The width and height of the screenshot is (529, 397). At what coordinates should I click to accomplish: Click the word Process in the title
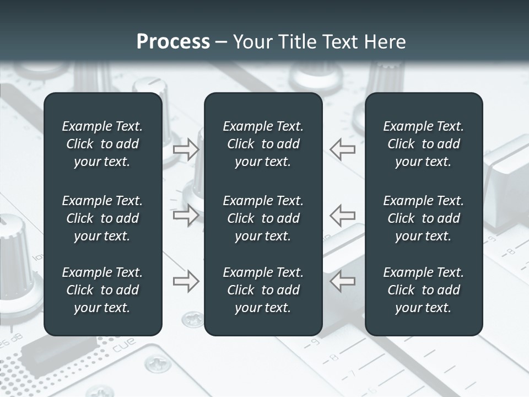coord(173,42)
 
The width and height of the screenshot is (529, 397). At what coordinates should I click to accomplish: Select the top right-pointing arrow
coord(186,149)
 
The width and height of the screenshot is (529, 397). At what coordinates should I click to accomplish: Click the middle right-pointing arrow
coord(186,214)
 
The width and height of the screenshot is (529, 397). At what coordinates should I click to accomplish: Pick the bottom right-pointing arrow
coord(186,281)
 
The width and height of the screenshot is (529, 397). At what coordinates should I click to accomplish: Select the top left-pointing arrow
coord(343,149)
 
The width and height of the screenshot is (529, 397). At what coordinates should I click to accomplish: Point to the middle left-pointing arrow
coord(343,214)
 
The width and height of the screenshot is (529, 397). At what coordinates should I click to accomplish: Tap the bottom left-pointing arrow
coord(343,281)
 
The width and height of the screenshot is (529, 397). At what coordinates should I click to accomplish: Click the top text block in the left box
coord(102,144)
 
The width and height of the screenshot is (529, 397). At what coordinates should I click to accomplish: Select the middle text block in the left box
coord(102,218)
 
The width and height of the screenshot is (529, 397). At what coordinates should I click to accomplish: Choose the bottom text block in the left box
coord(102,290)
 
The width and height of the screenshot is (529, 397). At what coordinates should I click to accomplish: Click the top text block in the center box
coord(263,144)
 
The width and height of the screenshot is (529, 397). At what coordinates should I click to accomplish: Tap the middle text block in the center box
coord(263,218)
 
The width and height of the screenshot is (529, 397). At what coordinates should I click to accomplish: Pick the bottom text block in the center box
coord(263,290)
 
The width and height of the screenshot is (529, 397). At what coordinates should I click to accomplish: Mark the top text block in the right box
coord(423,144)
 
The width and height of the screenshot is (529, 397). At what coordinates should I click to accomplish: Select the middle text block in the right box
coord(423,218)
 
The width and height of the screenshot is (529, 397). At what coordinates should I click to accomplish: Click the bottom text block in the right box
coord(423,290)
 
